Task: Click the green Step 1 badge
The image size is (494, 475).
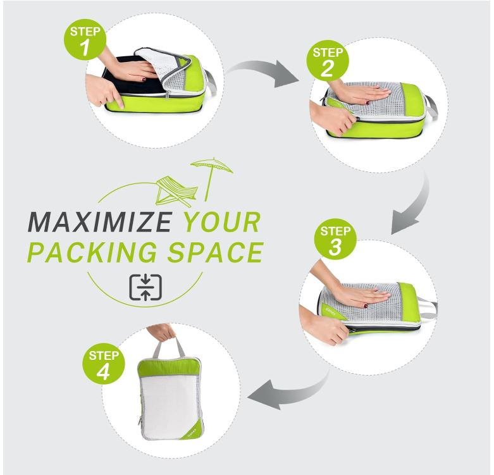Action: pos(85,39)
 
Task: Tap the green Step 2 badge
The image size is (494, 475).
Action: pos(328,60)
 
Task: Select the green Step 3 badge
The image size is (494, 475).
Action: pos(335,239)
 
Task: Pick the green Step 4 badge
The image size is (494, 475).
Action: pos(103,364)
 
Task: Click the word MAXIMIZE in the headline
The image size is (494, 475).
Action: pos(100,223)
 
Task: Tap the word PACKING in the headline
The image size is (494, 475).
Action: pos(93,252)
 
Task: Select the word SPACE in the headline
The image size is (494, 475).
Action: pos(216,252)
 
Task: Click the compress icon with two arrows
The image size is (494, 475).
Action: pos(145,287)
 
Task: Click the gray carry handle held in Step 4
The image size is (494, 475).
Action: pos(170,346)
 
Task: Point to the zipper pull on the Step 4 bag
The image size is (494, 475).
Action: pos(139,421)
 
